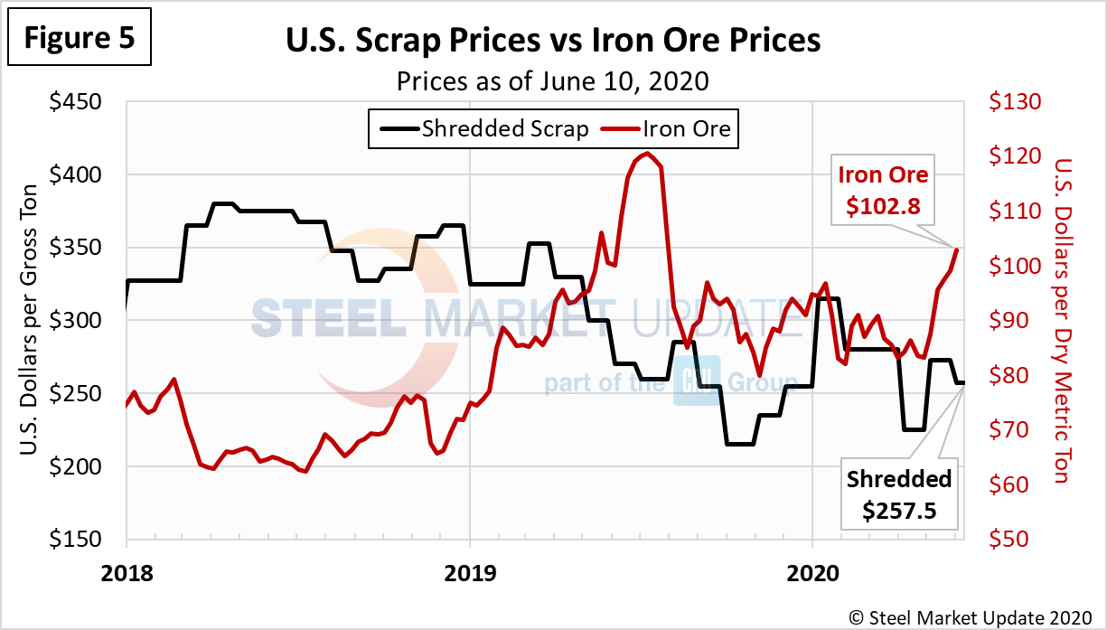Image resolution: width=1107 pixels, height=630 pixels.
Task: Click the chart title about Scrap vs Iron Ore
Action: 553,41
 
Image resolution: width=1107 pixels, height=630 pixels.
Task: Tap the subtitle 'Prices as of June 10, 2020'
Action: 553,80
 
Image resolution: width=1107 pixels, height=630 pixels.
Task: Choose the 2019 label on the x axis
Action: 469,571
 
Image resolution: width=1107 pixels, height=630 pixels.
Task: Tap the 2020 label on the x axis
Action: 811,571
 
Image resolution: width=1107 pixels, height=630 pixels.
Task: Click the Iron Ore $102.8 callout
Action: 883,190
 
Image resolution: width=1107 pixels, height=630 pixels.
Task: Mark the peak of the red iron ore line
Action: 647,153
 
